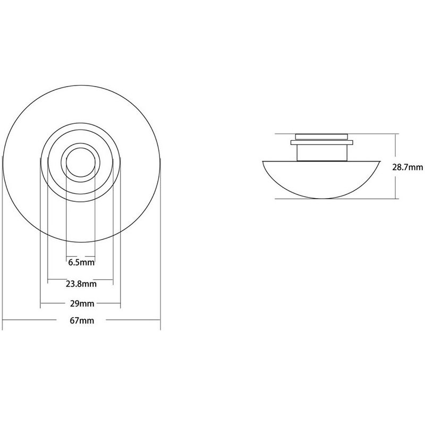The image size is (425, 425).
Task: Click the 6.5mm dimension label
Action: point(81,262)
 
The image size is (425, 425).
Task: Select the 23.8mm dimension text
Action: point(81,284)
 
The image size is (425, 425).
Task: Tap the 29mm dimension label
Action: point(82,303)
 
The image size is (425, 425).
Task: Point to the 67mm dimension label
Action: point(82,321)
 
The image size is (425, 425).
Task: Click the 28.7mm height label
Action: point(407,167)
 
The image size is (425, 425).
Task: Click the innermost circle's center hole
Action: point(81,163)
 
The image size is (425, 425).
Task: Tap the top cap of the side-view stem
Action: point(321,137)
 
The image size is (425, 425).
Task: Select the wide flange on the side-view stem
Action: point(322,142)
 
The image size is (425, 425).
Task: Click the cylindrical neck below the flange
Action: point(322,153)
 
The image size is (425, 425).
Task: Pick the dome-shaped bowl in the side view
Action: point(322,179)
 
